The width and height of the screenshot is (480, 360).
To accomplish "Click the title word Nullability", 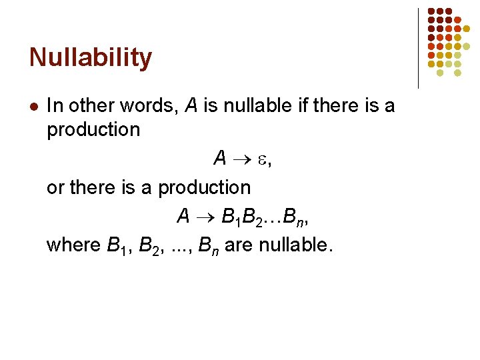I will tap(91, 59).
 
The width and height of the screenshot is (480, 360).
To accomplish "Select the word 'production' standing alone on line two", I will tap(93, 129).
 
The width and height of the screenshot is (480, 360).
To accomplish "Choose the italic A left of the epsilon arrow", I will tap(219, 159).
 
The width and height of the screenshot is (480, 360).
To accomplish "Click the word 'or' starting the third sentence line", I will tap(55, 188).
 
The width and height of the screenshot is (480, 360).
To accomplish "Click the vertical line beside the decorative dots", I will tap(418, 48).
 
